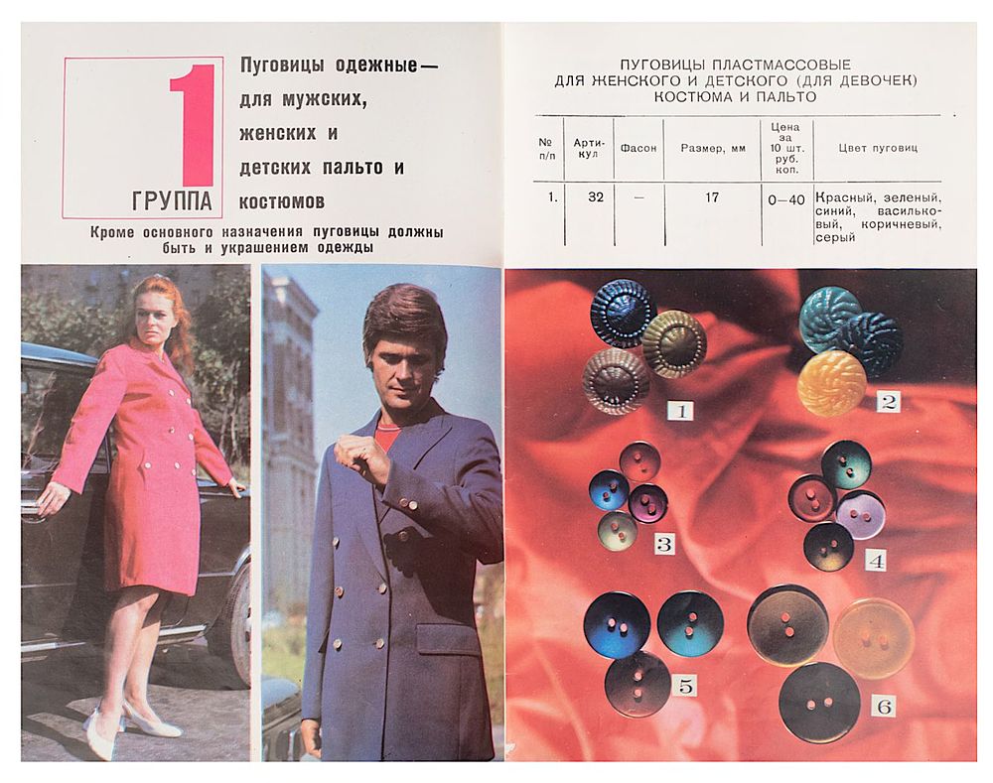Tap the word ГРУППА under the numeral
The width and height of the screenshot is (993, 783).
tap(172, 200)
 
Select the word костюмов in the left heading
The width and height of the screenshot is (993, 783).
tap(282, 201)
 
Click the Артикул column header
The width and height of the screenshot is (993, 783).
tap(589, 148)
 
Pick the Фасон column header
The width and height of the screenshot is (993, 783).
tap(638, 148)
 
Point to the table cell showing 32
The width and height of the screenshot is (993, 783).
tap(595, 196)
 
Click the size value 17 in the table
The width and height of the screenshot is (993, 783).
tap(712, 196)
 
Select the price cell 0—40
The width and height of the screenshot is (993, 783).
tap(785, 200)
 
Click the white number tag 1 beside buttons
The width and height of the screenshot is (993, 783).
tap(681, 412)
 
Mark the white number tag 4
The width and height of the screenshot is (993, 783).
tap(876, 561)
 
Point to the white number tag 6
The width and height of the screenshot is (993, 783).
tap(884, 706)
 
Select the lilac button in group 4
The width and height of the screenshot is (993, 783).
tap(861, 514)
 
